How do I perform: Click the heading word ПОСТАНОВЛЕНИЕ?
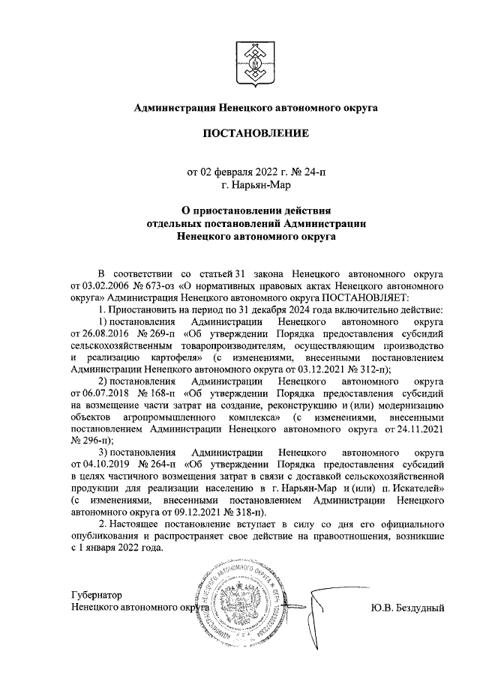click(255, 134)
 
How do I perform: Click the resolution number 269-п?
click(158, 333)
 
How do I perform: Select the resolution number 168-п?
click(158, 393)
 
